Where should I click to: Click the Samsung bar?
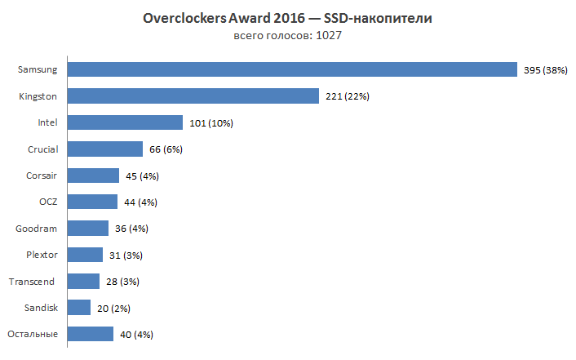292,70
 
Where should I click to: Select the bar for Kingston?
193,96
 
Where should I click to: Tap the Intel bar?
125,122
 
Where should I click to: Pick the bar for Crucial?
105,149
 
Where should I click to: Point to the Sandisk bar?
78,308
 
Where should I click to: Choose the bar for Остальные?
90,334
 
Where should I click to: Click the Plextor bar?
85,255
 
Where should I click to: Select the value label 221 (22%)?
348,96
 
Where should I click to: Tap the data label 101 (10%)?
211,123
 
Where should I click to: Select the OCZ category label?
47,202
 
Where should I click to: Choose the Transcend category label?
32,282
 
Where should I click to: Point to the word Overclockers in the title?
179,19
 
